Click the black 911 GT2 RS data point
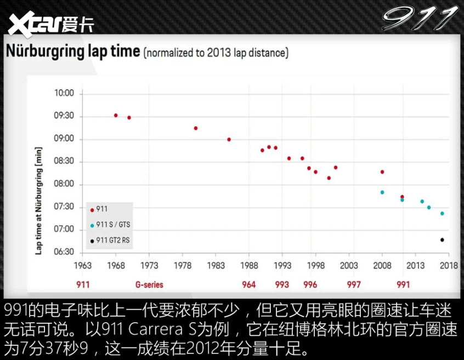(442, 240)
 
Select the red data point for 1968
(116, 116)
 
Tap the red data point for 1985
(229, 140)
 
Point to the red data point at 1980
(196, 128)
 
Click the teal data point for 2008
(382, 192)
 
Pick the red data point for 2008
(382, 172)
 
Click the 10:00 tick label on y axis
(64, 94)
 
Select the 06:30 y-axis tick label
(64, 252)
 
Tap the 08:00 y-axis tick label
(64, 184)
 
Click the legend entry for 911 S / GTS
(112, 225)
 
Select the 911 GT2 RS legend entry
(112, 240)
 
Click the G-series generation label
(149, 285)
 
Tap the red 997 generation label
(354, 285)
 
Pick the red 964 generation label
(248, 285)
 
